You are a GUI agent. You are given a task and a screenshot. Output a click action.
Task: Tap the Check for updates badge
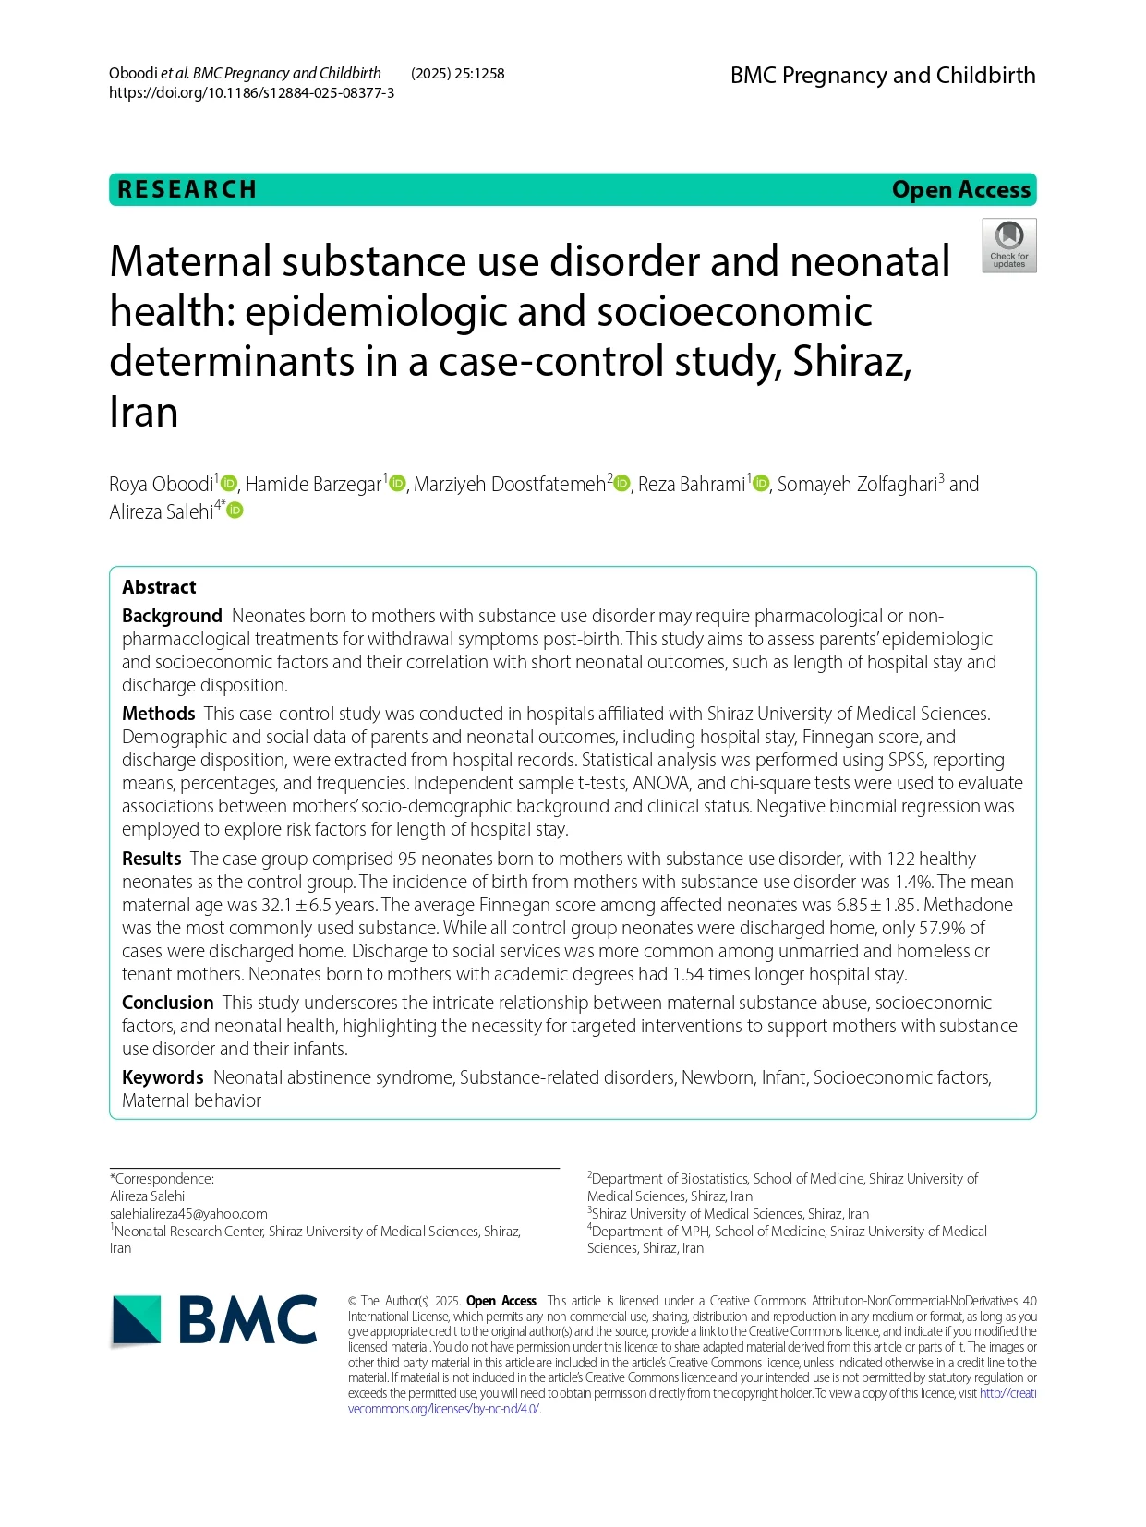click(x=1008, y=246)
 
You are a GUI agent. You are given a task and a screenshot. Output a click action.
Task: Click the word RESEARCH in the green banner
click(x=187, y=189)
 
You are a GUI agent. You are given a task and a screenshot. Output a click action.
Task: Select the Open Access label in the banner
click(x=960, y=189)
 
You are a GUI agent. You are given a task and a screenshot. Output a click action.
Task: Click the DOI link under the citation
click(x=251, y=93)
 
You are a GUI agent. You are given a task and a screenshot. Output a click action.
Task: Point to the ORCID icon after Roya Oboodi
click(x=229, y=484)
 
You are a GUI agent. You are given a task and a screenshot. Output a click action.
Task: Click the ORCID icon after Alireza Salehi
click(x=235, y=511)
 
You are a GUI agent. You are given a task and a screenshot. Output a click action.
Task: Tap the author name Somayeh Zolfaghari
click(x=857, y=485)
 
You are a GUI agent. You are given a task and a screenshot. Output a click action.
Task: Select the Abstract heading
click(x=159, y=587)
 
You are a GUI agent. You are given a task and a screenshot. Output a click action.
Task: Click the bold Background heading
click(x=172, y=616)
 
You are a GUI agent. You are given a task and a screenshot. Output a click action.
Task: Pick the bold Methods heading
click(x=158, y=714)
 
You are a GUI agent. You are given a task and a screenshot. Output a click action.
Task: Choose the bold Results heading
click(x=151, y=859)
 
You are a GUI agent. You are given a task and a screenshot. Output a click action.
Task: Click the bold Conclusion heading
click(x=167, y=1003)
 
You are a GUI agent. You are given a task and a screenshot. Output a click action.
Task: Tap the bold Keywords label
click(x=163, y=1077)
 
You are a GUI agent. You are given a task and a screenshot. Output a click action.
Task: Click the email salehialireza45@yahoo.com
click(x=188, y=1214)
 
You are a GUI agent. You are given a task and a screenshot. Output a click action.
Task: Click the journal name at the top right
click(x=882, y=76)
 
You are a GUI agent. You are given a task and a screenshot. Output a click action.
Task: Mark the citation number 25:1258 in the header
click(x=479, y=74)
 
